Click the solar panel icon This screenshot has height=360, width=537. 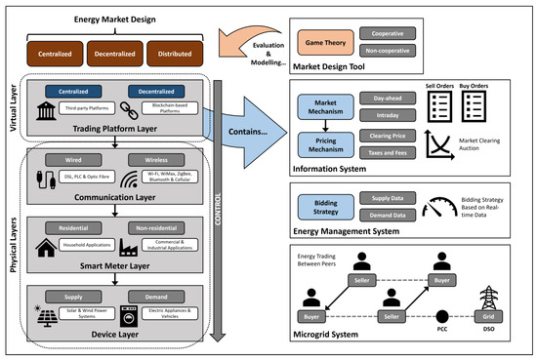[45, 318]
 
